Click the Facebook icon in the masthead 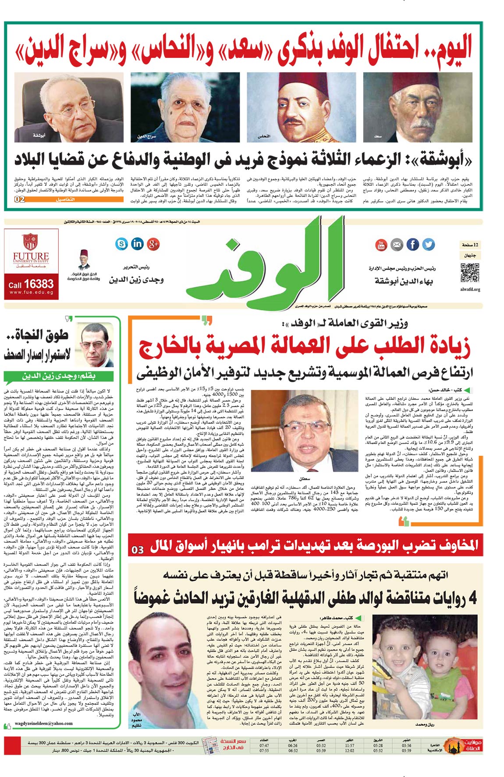(x=412, y=245)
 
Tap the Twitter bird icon (x=428, y=245)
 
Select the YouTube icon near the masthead (x=381, y=245)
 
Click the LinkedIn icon (x=137, y=244)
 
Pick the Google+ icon (x=153, y=244)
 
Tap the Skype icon (x=121, y=244)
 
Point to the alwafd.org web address (x=470, y=289)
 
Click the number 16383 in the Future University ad (x=39, y=284)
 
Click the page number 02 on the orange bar (x=20, y=199)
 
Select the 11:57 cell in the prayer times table (x=349, y=745)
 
